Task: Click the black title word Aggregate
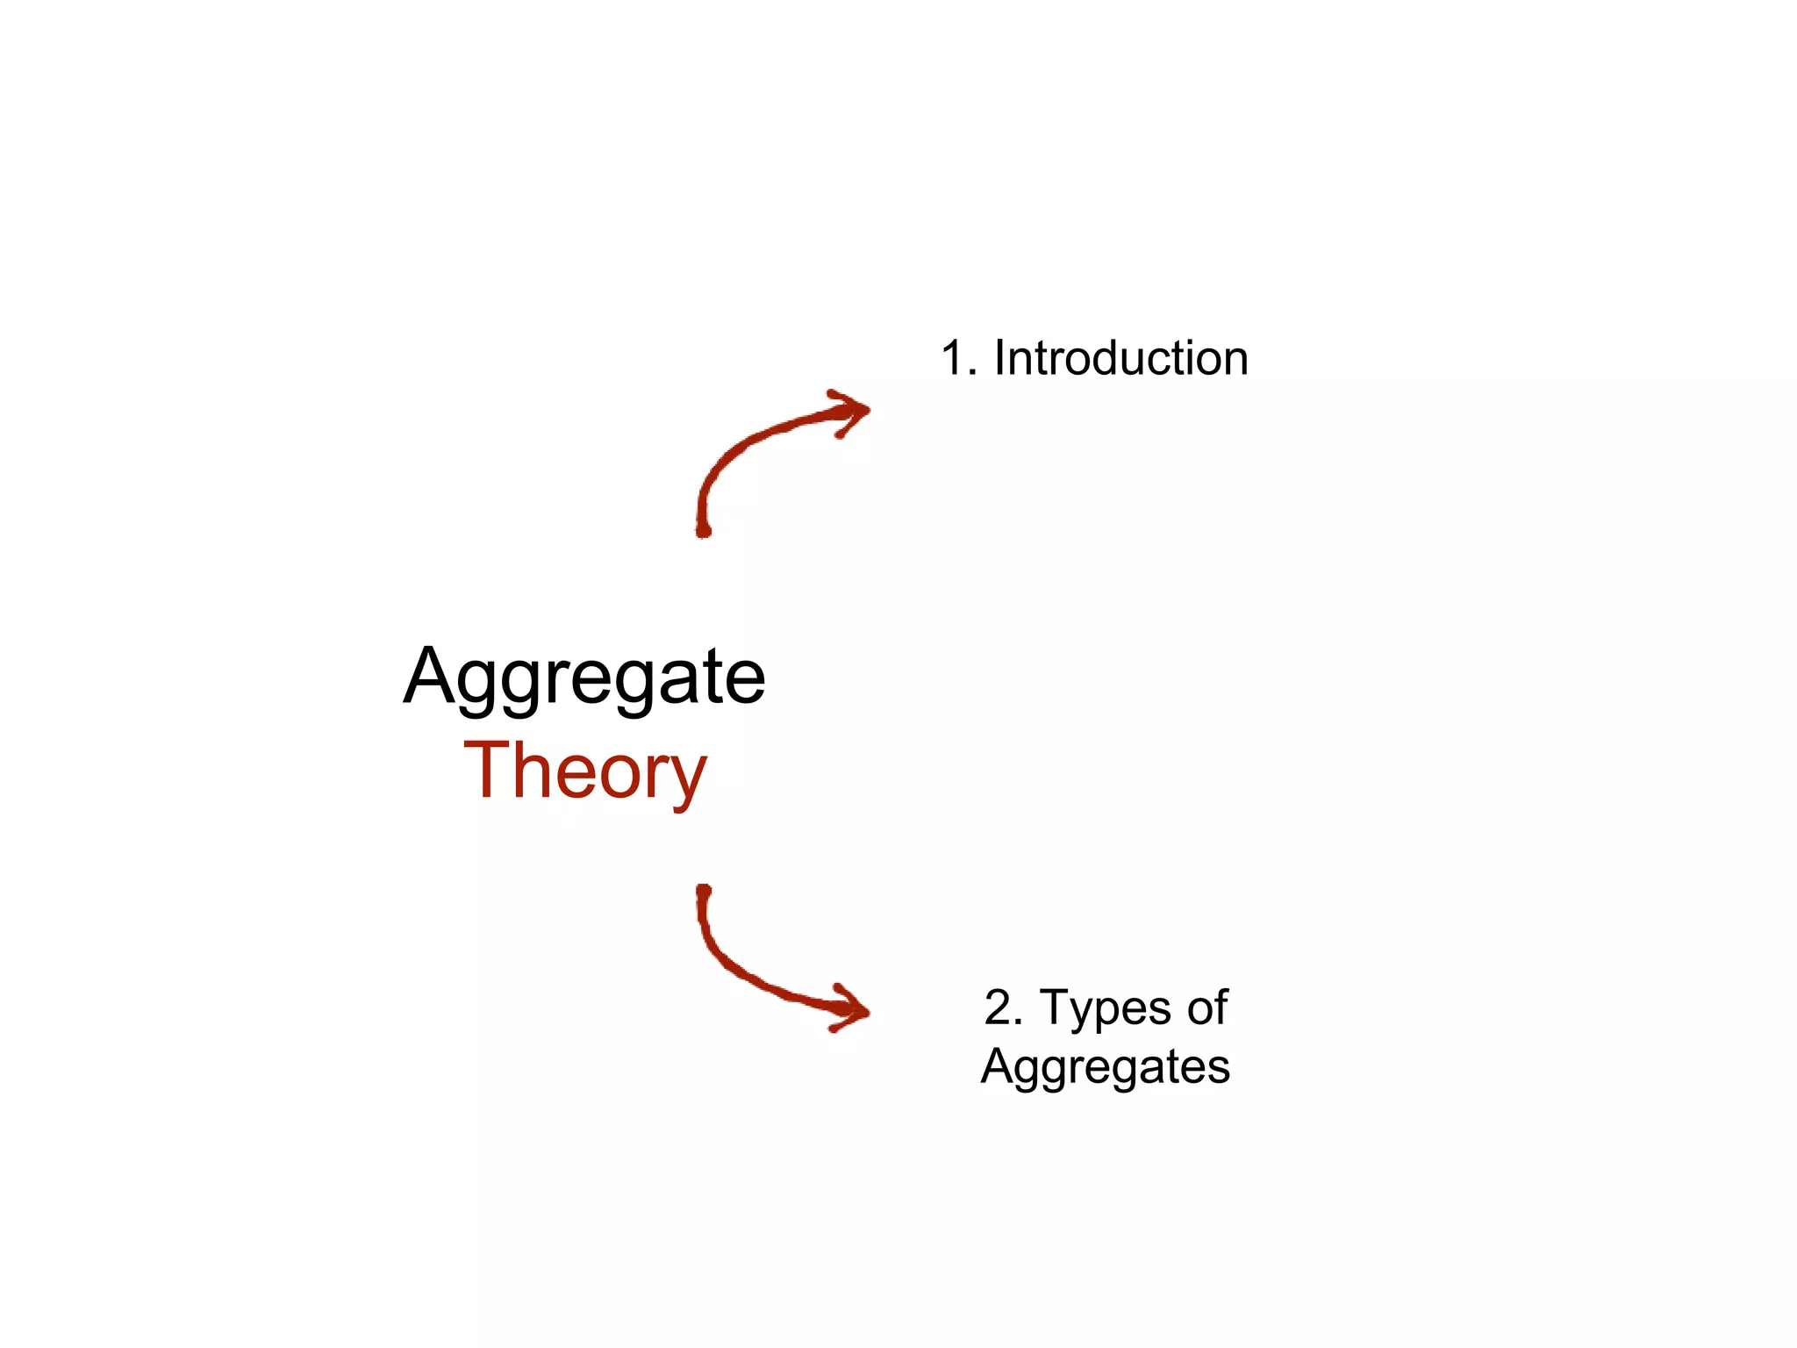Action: [584, 678]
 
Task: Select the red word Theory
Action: [584, 771]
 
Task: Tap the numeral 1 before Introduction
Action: [954, 358]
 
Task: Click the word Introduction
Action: [1120, 358]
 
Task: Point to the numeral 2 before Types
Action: [999, 1007]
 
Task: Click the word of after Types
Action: [1207, 1007]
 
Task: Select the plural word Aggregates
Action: [1106, 1067]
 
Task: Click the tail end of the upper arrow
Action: [703, 529]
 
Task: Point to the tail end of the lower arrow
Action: [703, 892]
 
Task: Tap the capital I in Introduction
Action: [999, 358]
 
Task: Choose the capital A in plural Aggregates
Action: [998, 1066]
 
